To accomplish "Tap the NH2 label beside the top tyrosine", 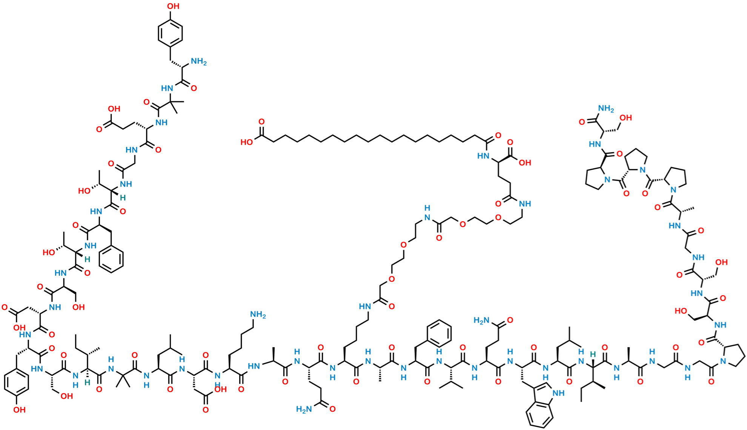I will [199, 62].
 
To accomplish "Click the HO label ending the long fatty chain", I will [246, 142].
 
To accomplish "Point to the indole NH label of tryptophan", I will [559, 394].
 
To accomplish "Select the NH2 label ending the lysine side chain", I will [258, 315].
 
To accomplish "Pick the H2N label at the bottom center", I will [304, 409].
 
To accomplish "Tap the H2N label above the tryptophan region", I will [481, 321].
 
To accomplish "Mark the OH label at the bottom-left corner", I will [19, 410].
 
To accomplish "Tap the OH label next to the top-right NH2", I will [626, 118].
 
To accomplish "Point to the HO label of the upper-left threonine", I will [84, 191].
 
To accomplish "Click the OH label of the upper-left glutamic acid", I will [114, 109].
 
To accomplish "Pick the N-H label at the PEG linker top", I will [427, 213].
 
